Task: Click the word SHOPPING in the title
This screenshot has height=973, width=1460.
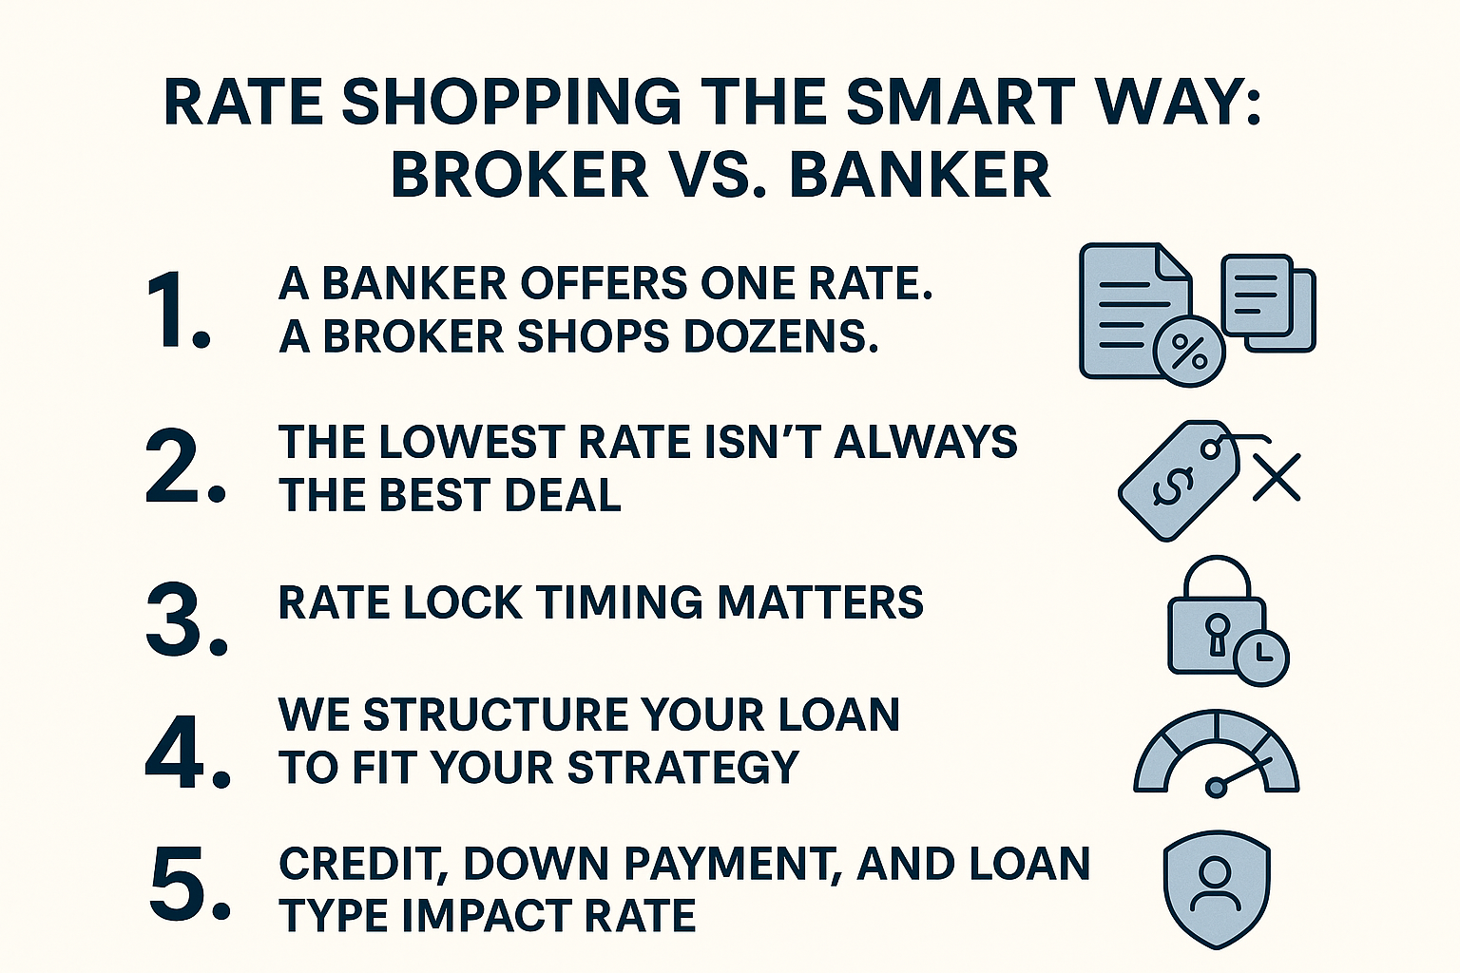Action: point(511,103)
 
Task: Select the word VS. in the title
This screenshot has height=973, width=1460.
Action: point(719,174)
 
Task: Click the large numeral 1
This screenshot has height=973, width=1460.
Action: point(176,310)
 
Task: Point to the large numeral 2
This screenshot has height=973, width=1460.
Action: point(185,466)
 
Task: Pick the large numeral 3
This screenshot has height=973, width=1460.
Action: point(186,620)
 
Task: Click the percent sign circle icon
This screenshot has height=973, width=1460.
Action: point(1189,353)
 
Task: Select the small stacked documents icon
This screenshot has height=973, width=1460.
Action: point(1268,304)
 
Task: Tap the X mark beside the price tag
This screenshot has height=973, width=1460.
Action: point(1277,478)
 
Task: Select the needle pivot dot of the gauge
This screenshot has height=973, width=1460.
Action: point(1216,788)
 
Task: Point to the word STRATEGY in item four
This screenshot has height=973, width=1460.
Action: point(683,767)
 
